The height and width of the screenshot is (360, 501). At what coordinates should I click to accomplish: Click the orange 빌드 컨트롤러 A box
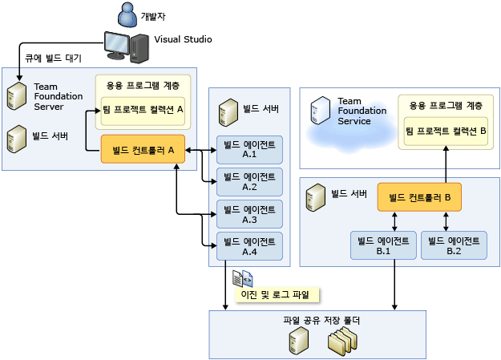coord(143,149)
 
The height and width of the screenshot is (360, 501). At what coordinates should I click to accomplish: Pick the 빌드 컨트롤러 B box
coord(419,197)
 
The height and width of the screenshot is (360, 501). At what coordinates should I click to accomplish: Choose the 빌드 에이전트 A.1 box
coord(249,148)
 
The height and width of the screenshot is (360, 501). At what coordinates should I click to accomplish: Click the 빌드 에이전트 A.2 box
coord(249,181)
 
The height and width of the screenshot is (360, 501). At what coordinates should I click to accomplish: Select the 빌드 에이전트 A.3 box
coord(249,214)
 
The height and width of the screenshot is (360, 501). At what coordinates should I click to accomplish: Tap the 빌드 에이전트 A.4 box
coord(249,246)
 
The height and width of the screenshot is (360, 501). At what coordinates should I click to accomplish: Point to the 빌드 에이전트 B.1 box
coord(383,245)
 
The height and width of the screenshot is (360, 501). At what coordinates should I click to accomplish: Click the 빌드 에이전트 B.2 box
coord(454,245)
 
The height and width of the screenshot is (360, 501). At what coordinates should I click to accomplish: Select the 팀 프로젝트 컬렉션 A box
coord(143,110)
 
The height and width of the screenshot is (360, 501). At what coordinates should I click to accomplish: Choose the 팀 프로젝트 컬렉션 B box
coord(446,130)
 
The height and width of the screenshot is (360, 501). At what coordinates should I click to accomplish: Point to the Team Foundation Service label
coord(354,111)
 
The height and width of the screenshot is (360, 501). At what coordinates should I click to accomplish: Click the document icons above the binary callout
coord(242,278)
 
